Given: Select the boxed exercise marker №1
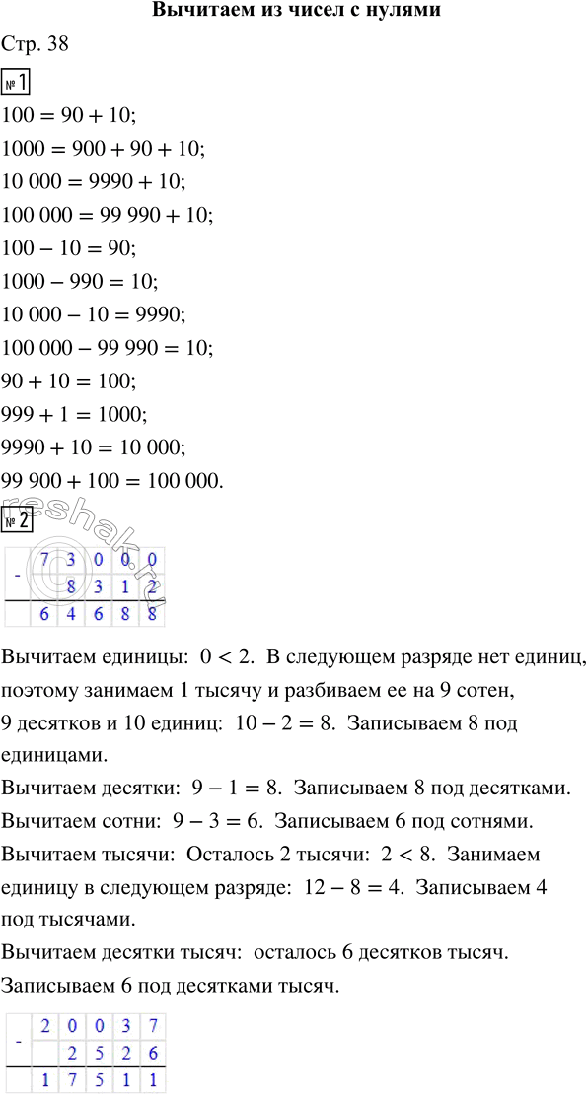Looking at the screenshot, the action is (19, 82).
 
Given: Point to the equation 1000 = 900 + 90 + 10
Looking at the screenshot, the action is (105, 149).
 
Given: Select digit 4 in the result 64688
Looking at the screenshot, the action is (70, 615).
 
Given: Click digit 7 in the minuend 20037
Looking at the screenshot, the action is (150, 1024).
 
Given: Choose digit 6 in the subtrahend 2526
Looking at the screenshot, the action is (150, 1052).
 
